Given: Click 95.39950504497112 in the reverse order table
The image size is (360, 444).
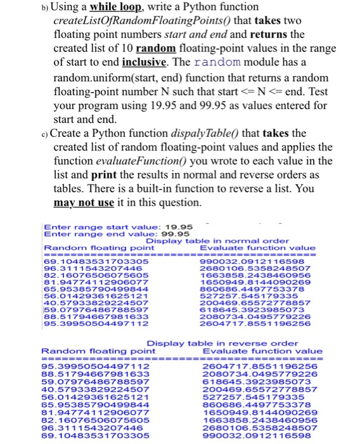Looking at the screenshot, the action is click(x=96, y=366).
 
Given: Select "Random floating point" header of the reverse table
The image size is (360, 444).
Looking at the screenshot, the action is click(x=98, y=350).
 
